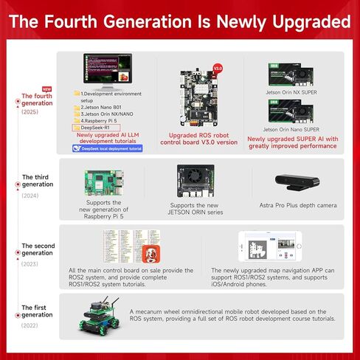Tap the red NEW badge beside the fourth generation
[27, 88]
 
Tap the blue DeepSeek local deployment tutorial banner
[108, 148]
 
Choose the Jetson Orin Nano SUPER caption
[294, 128]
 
